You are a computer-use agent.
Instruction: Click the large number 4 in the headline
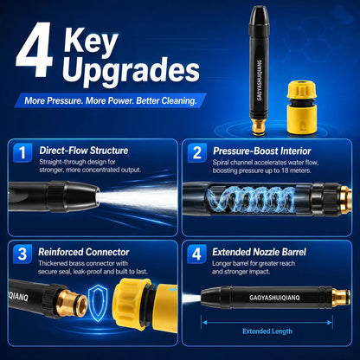35,49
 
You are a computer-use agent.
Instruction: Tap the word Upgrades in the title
131,71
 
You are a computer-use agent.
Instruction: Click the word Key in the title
91,41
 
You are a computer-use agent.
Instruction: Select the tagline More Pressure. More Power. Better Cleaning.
111,100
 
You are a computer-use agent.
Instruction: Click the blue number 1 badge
22,153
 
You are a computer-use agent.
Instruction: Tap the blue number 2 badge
197,153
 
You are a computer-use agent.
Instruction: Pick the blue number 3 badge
22,254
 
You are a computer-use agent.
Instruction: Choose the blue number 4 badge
196,254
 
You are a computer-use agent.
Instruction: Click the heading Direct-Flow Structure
84,151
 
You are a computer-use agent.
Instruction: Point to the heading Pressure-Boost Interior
261,151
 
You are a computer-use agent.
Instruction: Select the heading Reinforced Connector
84,252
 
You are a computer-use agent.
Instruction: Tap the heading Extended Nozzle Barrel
259,252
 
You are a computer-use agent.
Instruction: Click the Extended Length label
267,331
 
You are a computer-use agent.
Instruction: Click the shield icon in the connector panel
98,303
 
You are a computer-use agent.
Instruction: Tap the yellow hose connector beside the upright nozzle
302,107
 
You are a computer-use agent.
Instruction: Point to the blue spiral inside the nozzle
250,199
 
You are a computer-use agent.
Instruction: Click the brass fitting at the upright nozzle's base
257,127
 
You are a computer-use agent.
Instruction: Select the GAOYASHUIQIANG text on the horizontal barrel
274,298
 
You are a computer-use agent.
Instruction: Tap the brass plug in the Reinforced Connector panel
72,303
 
